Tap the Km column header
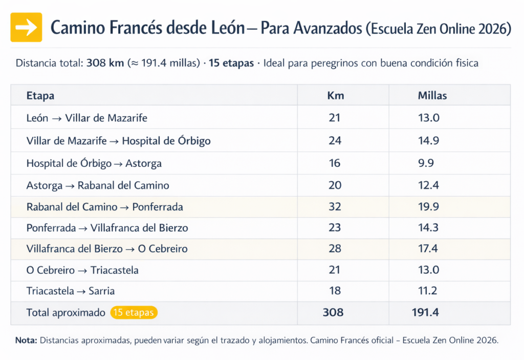click(335, 96)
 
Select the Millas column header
click(432, 96)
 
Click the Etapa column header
click(40, 96)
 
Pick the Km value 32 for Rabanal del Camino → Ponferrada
click(335, 207)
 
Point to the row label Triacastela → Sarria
click(71, 291)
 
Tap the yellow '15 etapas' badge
click(134, 312)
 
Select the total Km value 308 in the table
click(333, 312)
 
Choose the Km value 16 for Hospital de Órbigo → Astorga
click(335, 163)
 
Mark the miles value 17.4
click(428, 249)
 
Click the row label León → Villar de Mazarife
click(86, 118)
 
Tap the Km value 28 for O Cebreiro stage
click(335, 249)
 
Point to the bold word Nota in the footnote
click(26, 340)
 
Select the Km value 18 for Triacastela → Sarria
click(335, 291)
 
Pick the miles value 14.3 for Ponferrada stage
click(428, 228)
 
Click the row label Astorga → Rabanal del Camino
click(98, 185)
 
